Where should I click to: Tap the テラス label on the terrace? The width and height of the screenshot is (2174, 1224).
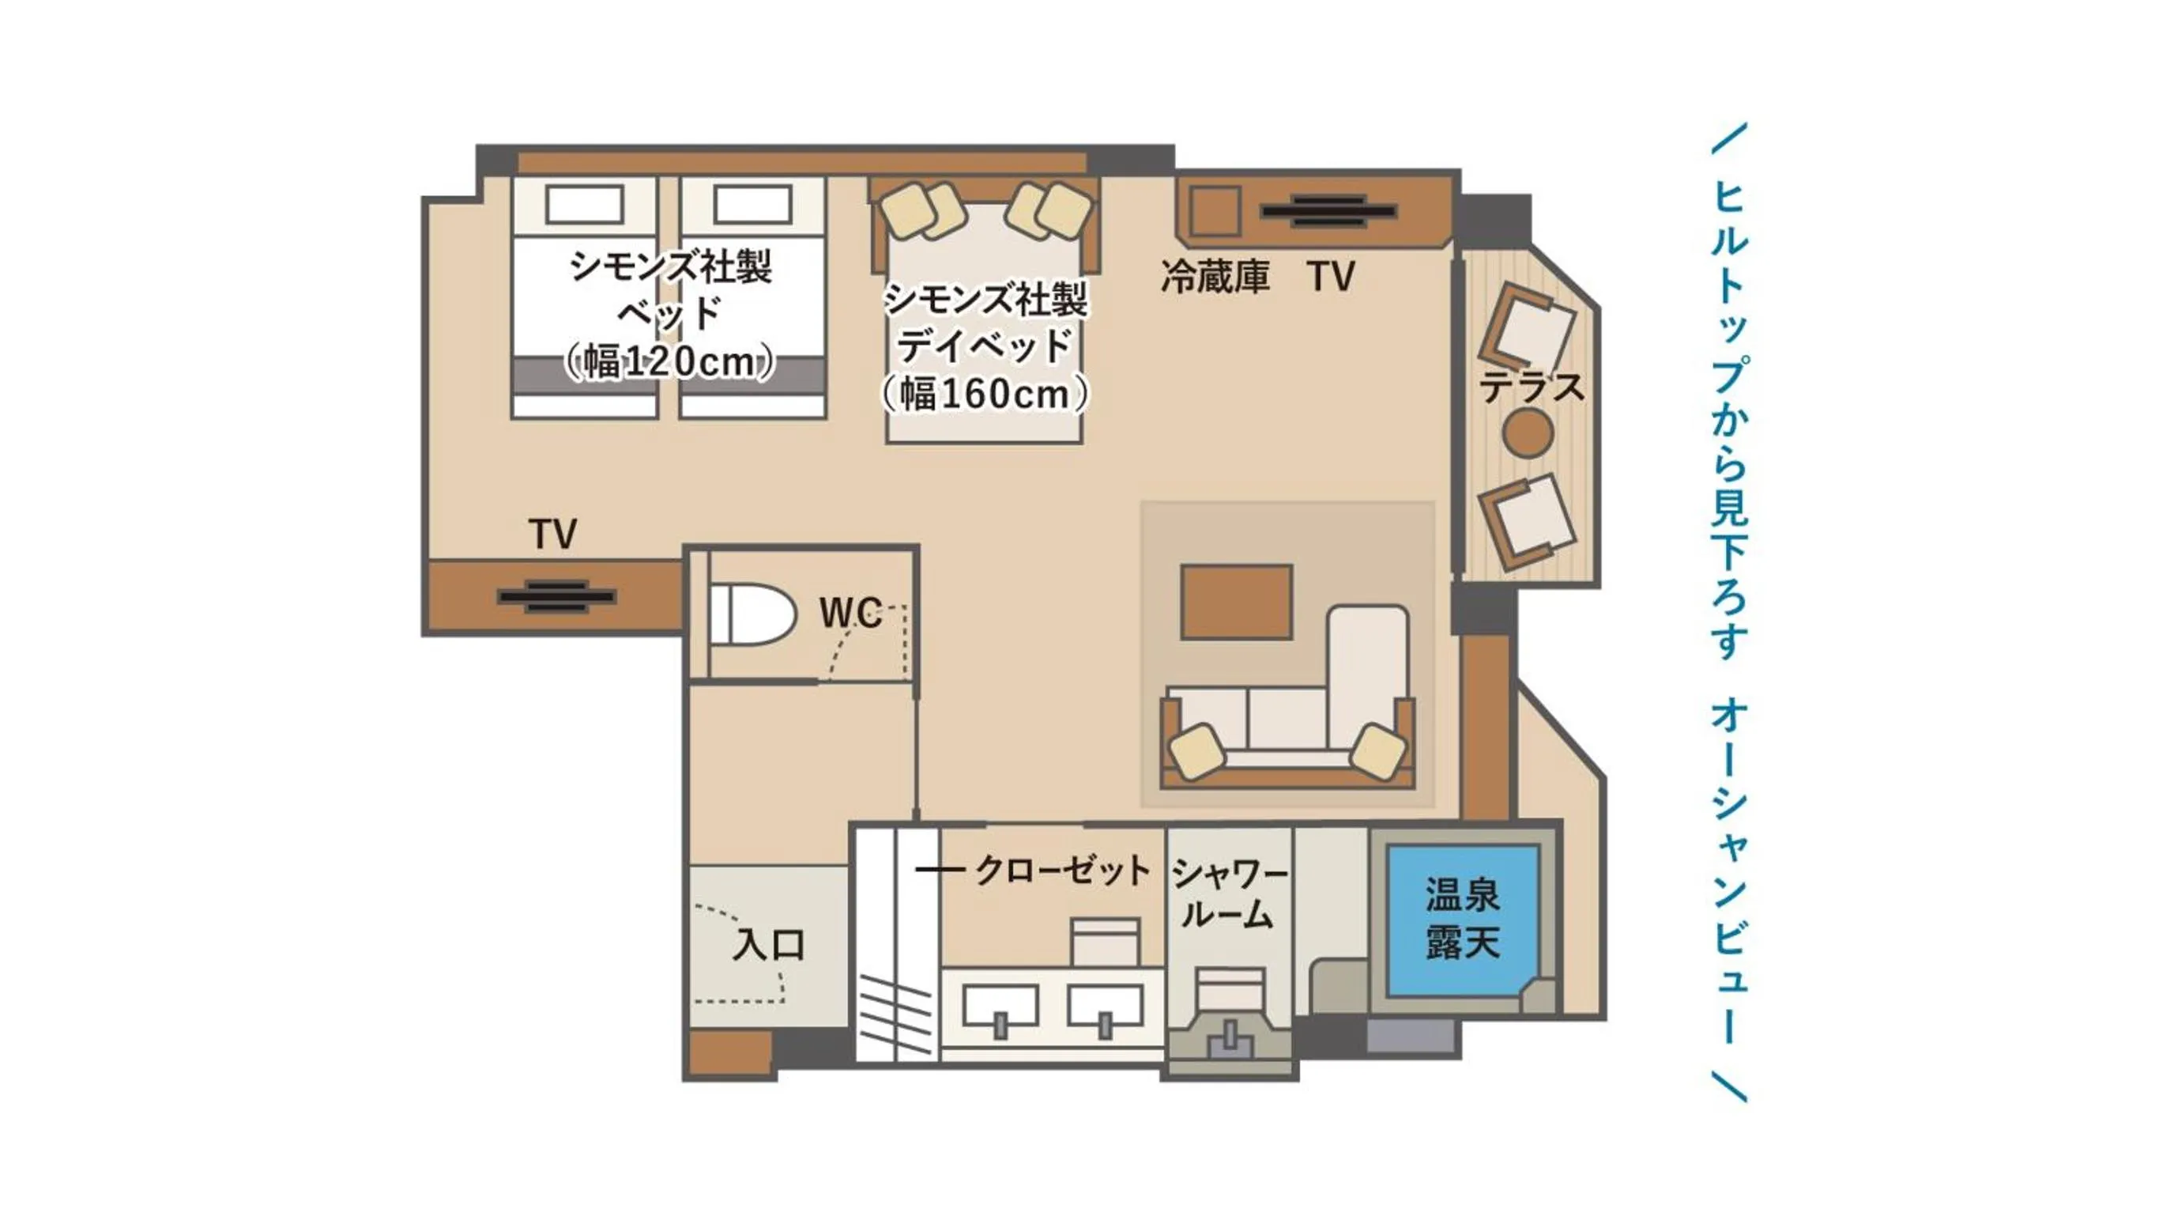tap(1532, 387)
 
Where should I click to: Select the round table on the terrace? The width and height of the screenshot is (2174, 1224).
tap(1528, 433)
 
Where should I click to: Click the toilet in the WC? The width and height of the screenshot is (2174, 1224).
tap(751, 614)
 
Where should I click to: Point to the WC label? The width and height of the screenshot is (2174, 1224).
tap(850, 614)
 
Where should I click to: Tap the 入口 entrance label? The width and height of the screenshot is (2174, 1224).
tap(768, 946)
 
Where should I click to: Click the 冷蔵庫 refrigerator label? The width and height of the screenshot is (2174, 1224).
tap(1215, 276)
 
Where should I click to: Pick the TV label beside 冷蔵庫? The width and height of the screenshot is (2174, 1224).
tap(1331, 276)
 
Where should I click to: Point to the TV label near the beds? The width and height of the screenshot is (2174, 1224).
tap(552, 534)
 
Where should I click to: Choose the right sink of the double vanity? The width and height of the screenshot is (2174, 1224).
tap(1105, 1008)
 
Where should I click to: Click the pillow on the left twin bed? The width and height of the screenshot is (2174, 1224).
tap(584, 204)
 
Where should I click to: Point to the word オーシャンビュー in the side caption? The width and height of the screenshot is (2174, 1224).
tap(1728, 870)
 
